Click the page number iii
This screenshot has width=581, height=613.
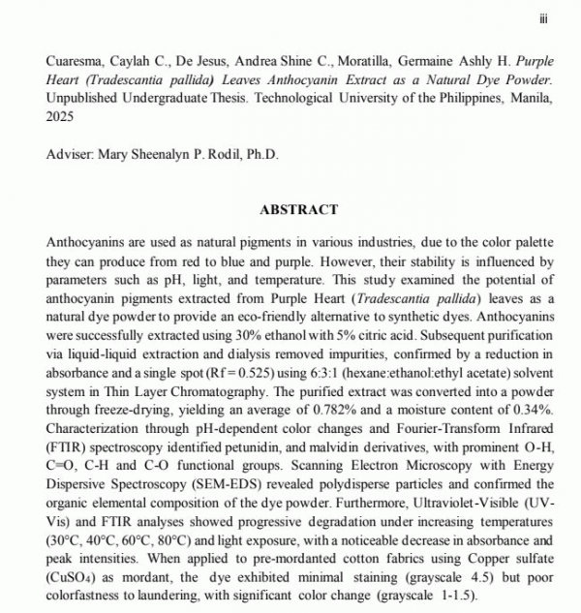click(544, 16)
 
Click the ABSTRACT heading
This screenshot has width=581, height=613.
click(299, 209)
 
